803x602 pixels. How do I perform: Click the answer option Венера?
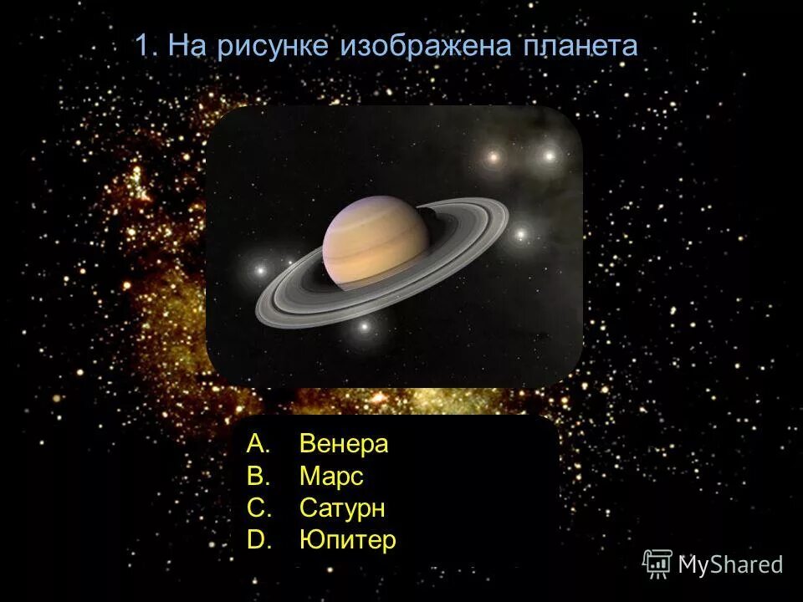point(344,444)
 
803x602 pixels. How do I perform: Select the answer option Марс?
point(331,477)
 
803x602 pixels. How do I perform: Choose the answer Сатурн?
point(342,508)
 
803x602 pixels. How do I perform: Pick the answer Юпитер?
point(347,540)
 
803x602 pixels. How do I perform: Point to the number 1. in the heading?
point(146,46)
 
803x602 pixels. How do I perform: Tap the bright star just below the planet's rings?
point(364,326)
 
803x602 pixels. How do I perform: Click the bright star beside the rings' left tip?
point(260,270)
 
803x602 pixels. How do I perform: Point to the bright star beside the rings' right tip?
point(520,235)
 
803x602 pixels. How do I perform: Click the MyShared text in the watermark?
point(729,564)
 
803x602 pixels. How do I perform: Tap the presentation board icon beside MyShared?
point(657,564)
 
